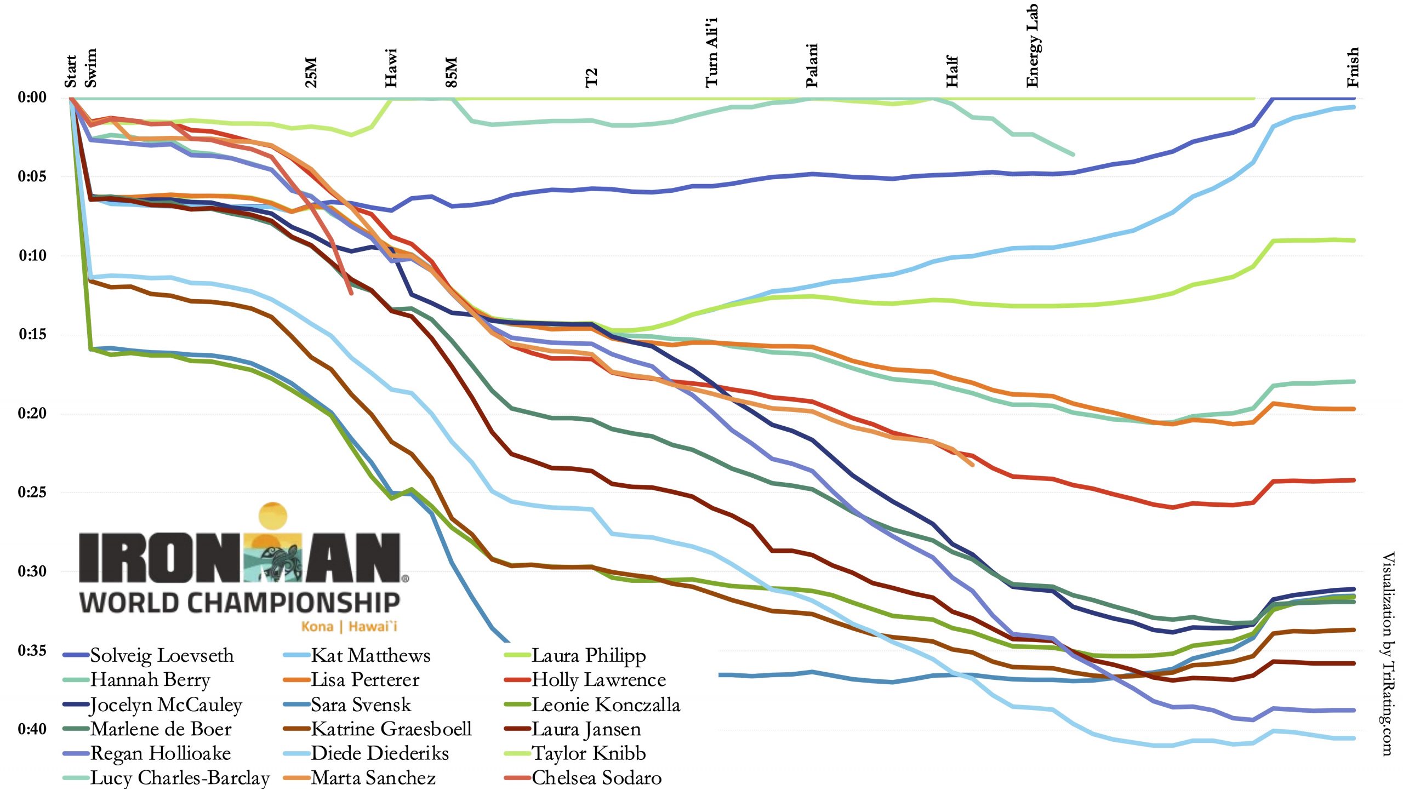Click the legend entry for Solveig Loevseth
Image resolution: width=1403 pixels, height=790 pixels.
162,656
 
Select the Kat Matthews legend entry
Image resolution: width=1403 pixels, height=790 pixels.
370,656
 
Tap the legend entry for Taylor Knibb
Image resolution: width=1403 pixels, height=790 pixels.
589,754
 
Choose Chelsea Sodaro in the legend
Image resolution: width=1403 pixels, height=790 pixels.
596,778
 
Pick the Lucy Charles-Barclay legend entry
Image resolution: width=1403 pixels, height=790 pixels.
180,778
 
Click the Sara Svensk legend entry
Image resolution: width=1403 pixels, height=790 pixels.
361,705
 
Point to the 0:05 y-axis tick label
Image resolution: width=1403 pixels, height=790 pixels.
32,176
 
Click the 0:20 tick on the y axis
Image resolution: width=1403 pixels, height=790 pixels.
32,413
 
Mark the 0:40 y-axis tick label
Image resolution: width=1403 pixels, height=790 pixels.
32,729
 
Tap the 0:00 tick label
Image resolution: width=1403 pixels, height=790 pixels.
32,98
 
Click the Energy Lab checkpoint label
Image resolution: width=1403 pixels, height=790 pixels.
1033,46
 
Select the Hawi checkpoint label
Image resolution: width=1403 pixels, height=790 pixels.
391,68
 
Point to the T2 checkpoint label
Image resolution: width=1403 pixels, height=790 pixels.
591,78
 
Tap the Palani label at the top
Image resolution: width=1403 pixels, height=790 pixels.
812,66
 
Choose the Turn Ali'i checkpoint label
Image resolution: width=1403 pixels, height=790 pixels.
711,53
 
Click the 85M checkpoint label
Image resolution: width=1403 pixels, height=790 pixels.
451,72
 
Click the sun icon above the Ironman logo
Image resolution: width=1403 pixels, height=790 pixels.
272,517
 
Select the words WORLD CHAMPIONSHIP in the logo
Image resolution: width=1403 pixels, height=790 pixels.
240,603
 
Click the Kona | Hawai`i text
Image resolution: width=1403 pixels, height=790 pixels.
349,626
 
